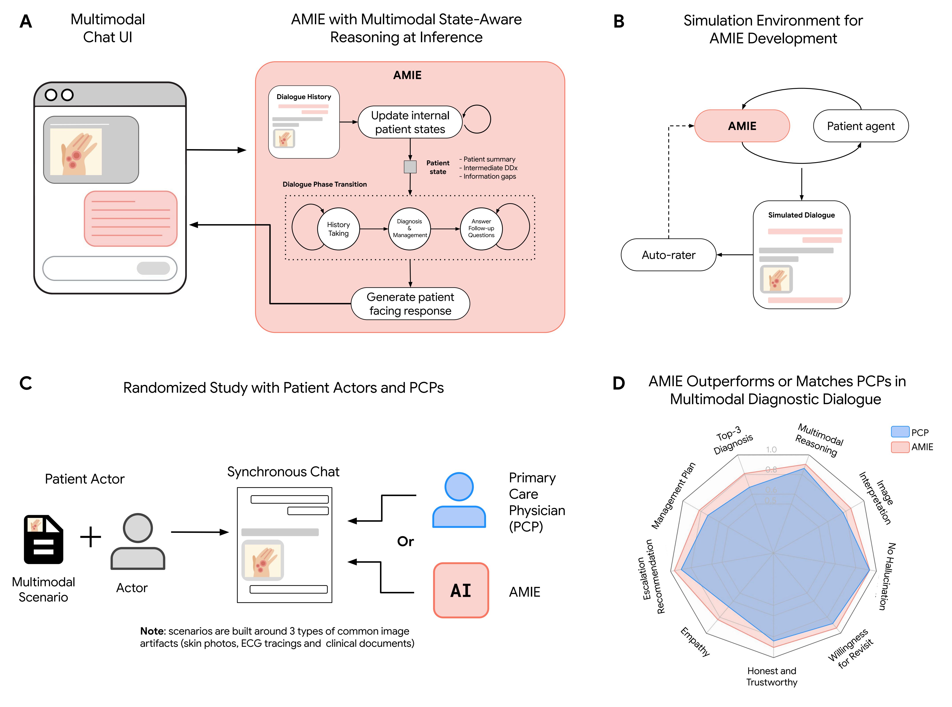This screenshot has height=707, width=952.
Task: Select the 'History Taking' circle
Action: coord(338,229)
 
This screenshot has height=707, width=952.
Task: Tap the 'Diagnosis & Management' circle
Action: coord(410,229)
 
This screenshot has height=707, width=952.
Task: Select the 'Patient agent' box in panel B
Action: coord(860,126)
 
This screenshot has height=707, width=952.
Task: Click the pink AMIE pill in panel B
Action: coord(742,126)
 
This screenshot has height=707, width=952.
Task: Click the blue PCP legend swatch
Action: coord(900,432)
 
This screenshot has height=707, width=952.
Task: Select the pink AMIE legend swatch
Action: coord(900,447)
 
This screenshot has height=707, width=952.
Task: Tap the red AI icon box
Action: coord(461,590)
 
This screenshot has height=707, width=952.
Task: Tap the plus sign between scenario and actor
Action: coord(91,537)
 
